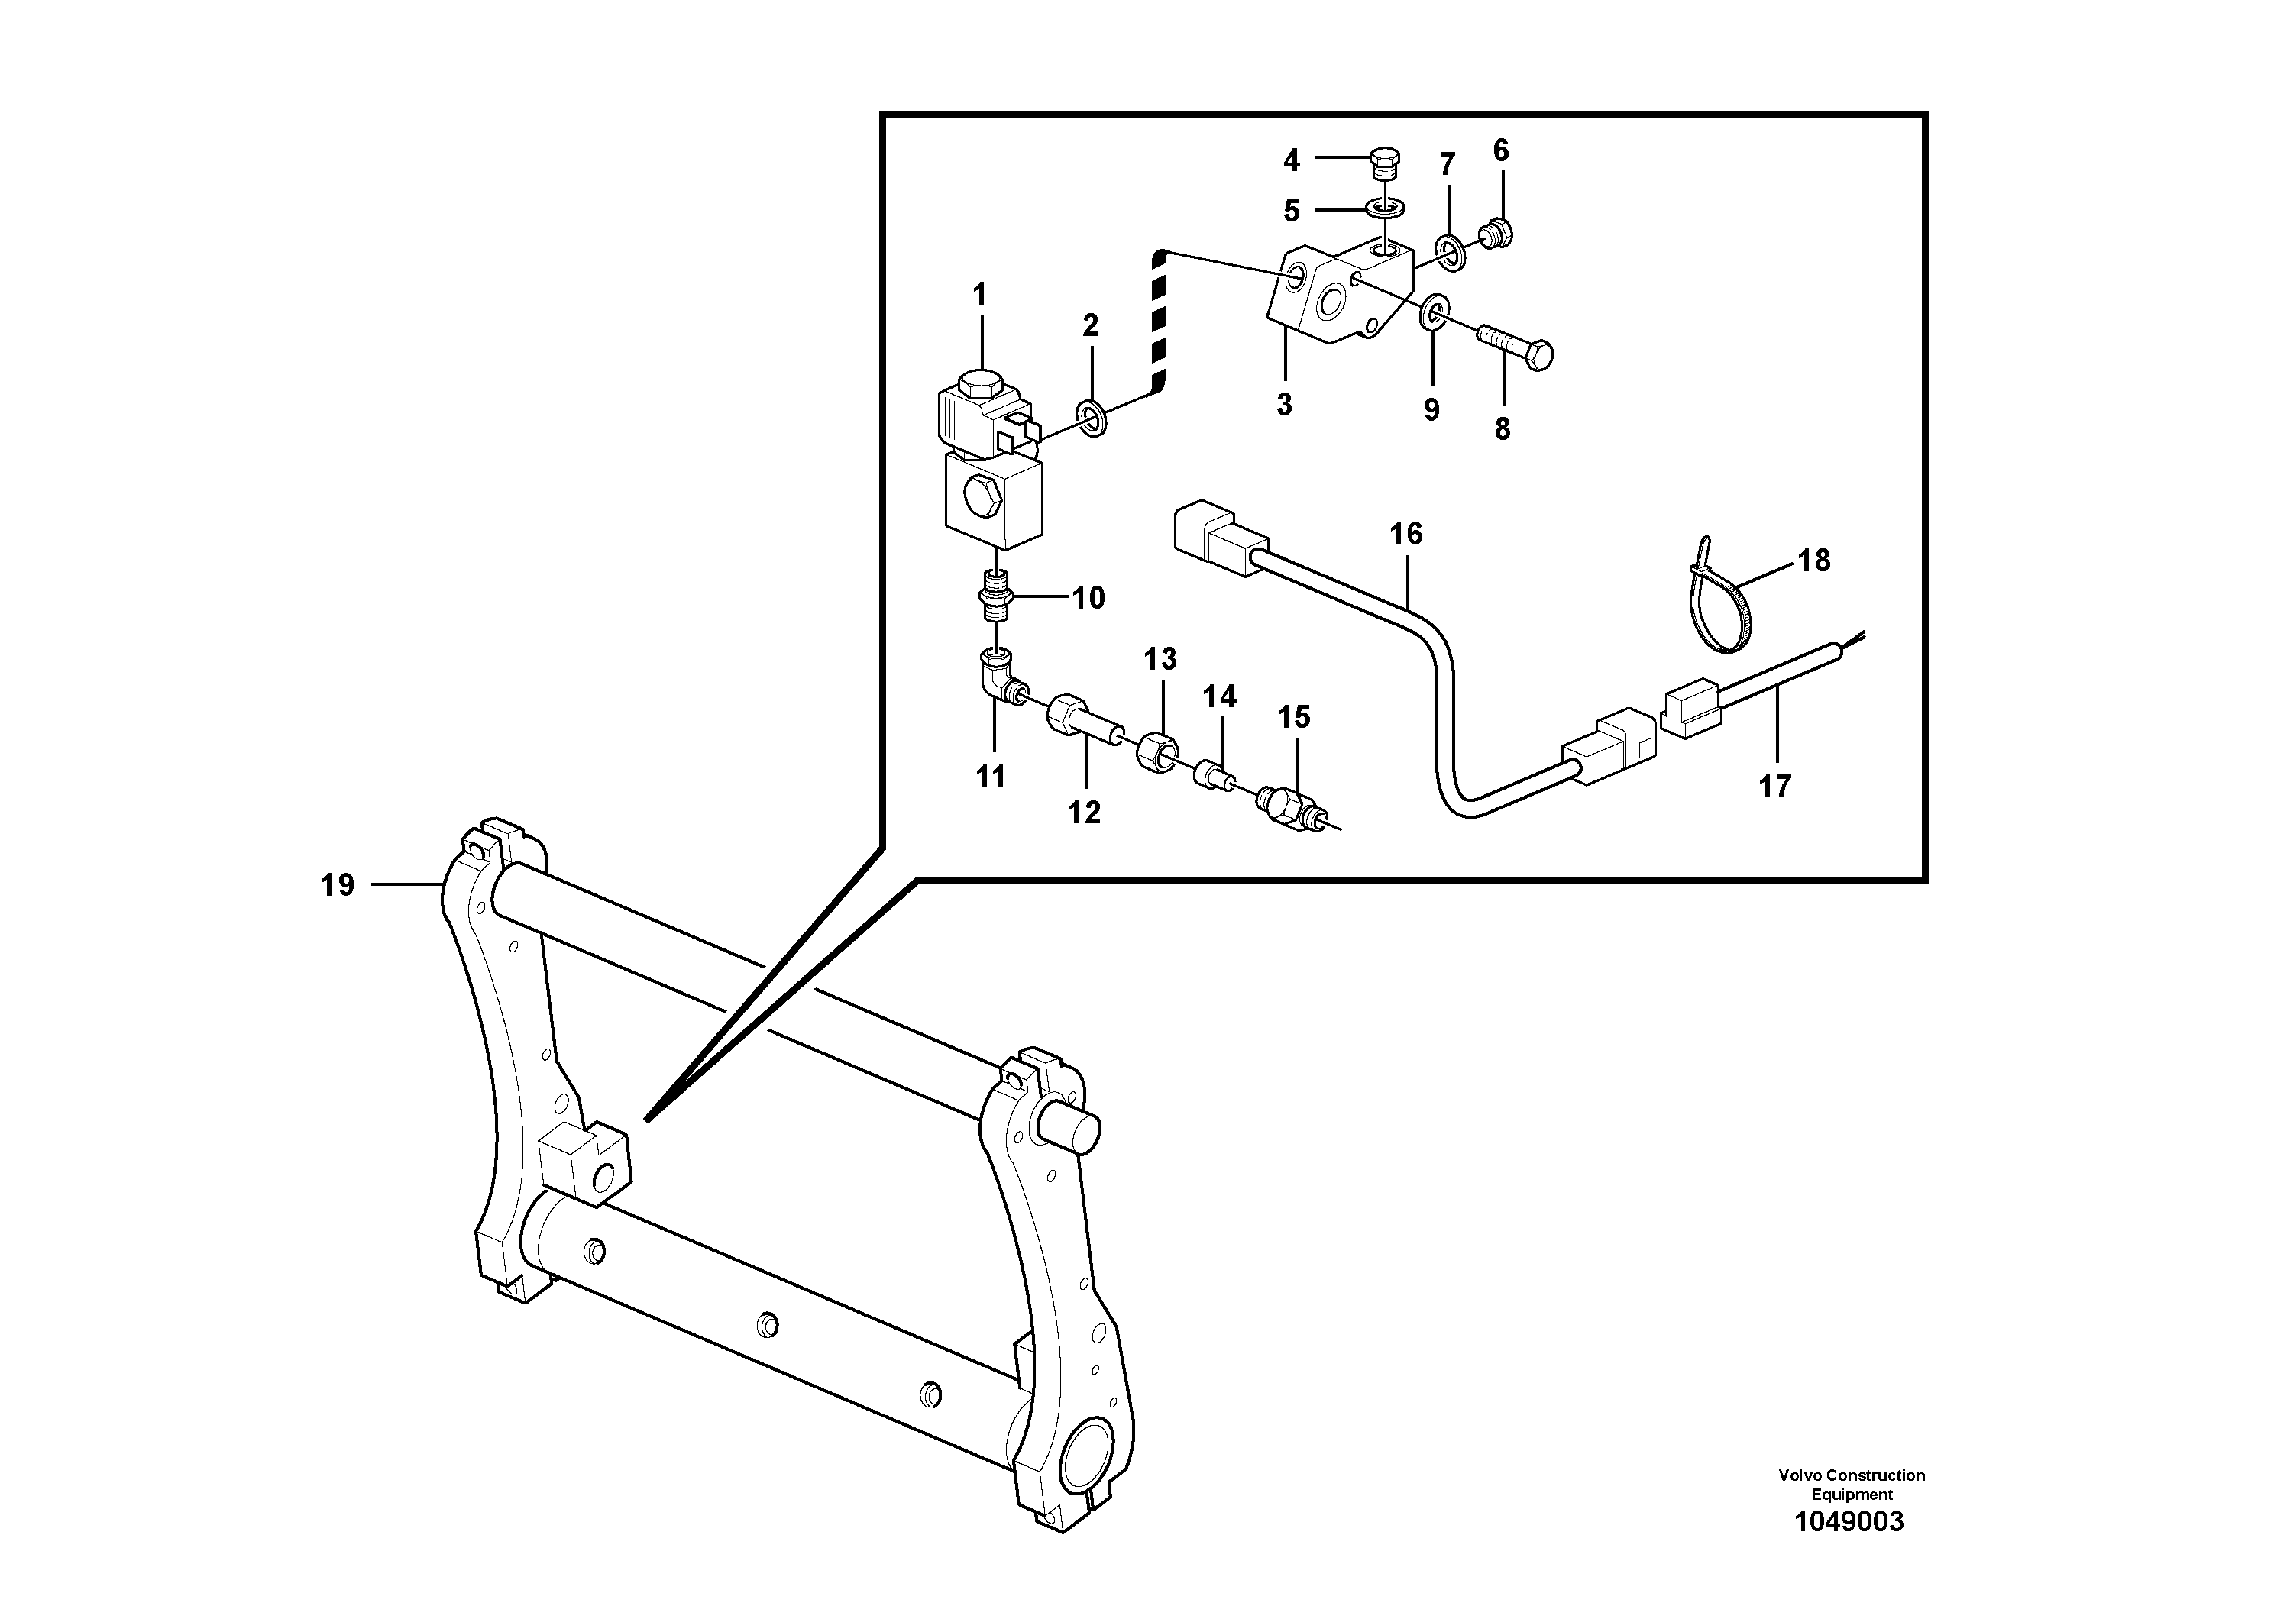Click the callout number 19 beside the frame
pyautogui.click(x=337, y=884)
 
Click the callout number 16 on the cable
pyautogui.click(x=1405, y=535)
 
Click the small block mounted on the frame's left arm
pyautogui.click(x=585, y=1166)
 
